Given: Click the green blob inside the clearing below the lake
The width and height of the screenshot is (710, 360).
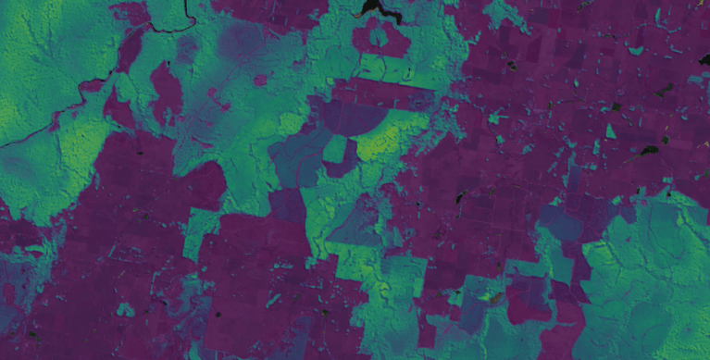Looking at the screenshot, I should pyautogui.click(x=379, y=38).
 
